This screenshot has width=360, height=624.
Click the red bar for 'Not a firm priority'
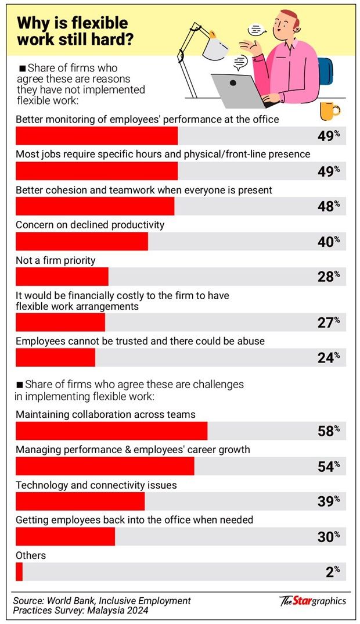62,277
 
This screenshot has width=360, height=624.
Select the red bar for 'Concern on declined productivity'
81,241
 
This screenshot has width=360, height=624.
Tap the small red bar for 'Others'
19,572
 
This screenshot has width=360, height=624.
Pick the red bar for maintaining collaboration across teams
111,431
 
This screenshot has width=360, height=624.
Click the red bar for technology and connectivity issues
80,501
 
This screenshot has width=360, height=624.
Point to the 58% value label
328,431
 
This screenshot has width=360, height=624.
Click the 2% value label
332,572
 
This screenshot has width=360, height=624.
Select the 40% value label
328,241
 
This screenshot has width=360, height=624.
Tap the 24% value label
328,358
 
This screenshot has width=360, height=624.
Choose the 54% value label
328,467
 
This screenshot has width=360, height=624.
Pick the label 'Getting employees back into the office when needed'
134,520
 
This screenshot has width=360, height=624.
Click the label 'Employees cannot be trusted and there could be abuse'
140,341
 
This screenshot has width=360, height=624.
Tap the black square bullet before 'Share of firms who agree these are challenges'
21,385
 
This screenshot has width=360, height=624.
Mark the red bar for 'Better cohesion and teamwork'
95,206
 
